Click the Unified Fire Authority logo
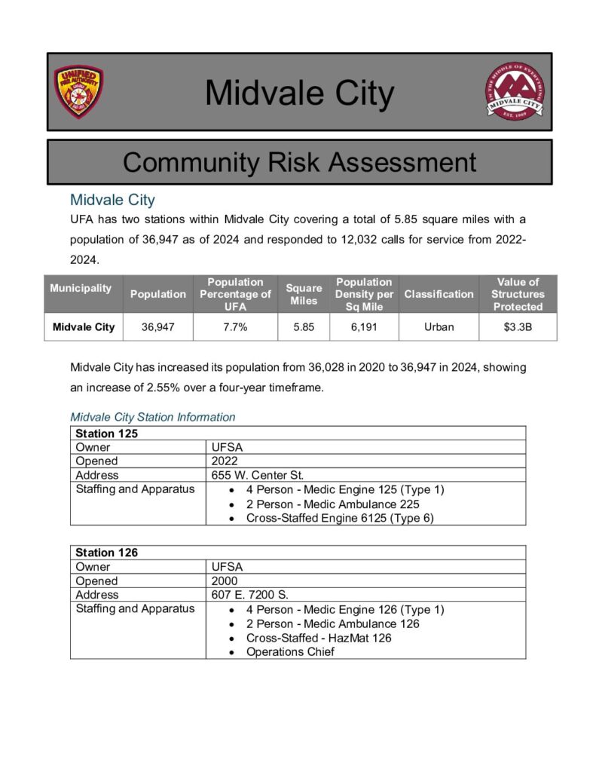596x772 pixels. tap(78, 91)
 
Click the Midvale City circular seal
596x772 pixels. tap(514, 92)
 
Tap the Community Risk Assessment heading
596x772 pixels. tap(299, 162)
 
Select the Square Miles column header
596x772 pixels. tap(304, 294)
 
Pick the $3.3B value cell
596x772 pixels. tap(518, 327)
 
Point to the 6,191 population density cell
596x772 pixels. tap(364, 327)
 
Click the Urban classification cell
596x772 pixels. tap(439, 327)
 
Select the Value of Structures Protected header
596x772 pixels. tap(518, 294)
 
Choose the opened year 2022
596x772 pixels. tap(225, 461)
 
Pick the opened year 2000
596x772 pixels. tap(225, 581)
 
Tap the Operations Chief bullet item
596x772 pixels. tap(290, 652)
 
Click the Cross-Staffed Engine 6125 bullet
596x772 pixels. tap(339, 518)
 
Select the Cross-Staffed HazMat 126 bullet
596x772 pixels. tap(318, 638)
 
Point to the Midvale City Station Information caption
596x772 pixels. tap(152, 417)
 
